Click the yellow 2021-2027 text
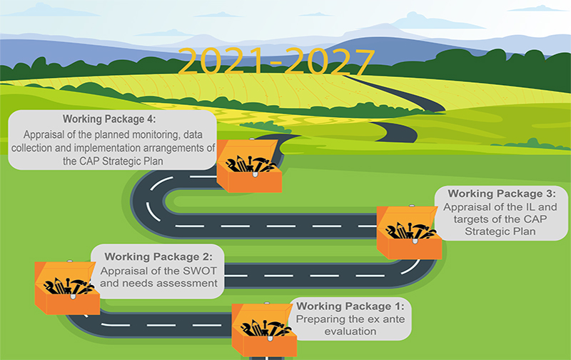[x=276, y=61]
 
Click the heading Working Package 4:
[x=109, y=119]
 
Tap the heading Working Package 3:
[x=502, y=194]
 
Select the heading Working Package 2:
[x=158, y=257]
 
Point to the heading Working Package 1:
[x=350, y=306]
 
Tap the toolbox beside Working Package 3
[x=409, y=232]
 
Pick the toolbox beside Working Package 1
[x=264, y=330]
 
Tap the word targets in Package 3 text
[x=471, y=219]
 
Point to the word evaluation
[x=350, y=331]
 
